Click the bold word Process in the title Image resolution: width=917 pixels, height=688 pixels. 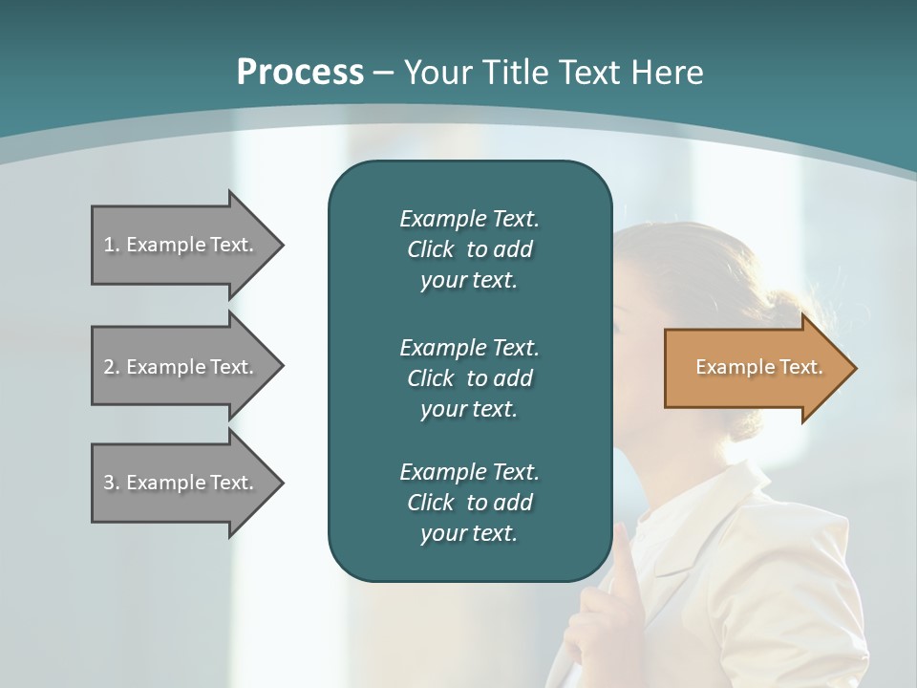(x=300, y=73)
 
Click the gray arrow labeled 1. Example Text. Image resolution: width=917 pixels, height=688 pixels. (x=181, y=245)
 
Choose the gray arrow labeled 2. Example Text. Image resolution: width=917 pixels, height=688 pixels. (x=181, y=367)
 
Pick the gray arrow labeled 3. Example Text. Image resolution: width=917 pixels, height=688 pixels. (x=181, y=483)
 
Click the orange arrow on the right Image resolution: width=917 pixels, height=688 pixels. (x=755, y=368)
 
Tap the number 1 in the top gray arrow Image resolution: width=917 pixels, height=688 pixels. (x=110, y=245)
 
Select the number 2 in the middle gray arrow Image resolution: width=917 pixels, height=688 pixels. (x=110, y=367)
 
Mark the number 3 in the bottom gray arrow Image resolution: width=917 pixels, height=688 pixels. (x=110, y=483)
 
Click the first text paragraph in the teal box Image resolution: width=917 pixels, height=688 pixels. (x=469, y=249)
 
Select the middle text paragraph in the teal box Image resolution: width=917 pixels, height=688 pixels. (x=469, y=377)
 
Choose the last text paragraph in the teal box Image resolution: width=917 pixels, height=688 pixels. (x=469, y=503)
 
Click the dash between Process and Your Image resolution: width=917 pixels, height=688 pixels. (x=384, y=73)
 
